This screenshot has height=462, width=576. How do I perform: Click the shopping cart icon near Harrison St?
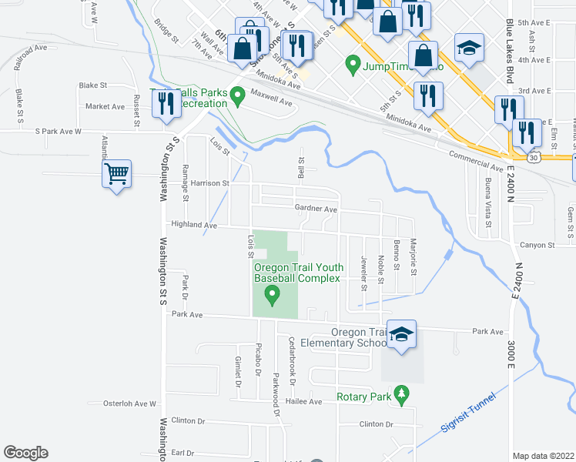116,174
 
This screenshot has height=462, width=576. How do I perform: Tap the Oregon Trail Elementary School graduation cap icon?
401,334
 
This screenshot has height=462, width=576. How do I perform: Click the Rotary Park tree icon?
400,394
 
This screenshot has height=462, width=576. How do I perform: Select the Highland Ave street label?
195,225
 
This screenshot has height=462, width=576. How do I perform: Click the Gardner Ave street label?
316,209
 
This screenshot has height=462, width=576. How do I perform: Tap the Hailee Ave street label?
305,401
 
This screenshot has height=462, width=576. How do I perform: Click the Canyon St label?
537,246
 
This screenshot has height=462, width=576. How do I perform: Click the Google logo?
25,453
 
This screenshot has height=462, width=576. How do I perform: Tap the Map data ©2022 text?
543,456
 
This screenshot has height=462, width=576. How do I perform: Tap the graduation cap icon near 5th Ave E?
468,49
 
